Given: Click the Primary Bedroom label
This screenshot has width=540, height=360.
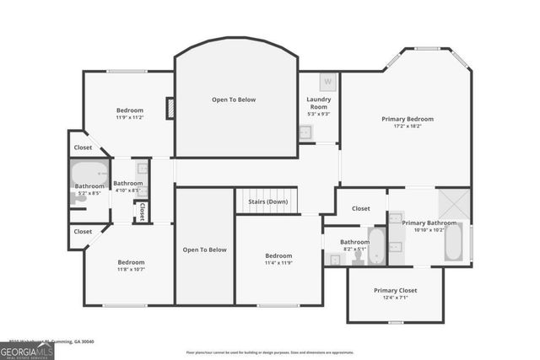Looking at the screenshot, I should click(406, 119).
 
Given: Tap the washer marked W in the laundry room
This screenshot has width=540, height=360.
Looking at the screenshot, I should click(327, 83).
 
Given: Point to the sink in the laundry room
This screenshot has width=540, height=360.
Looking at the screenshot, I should click(305, 132).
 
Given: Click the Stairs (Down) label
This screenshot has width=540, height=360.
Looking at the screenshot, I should click(267, 201).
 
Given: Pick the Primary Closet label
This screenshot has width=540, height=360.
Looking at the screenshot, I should click(395, 291).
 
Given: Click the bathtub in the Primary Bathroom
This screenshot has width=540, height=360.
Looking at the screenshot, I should click(452, 241).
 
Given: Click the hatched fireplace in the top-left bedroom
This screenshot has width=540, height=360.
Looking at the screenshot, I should click(170, 109).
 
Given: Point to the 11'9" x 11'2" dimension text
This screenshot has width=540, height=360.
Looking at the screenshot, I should click(130, 118).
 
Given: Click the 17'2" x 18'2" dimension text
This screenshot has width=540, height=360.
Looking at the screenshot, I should click(406, 126).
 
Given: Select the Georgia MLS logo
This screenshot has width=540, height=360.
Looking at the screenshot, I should click(27, 350).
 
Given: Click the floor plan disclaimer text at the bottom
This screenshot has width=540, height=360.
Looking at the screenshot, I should click(269, 352).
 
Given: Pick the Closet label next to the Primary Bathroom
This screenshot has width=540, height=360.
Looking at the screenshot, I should click(360, 208).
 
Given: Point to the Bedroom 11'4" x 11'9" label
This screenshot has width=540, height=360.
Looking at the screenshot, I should click(278, 259).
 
